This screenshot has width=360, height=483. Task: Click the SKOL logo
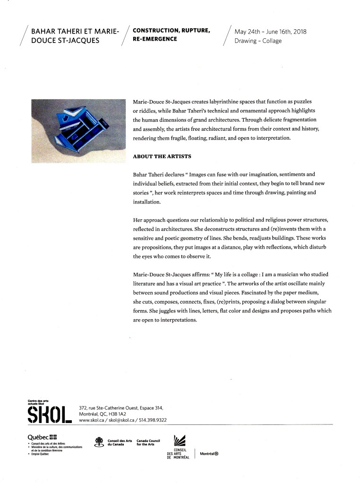pyautogui.click(x=50, y=414)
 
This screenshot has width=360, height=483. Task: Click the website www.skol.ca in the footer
pyautogui.click(x=94, y=420)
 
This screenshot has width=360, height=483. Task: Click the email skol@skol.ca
pyautogui.click(x=123, y=420)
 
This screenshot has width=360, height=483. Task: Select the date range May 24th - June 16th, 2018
pyautogui.click(x=270, y=32)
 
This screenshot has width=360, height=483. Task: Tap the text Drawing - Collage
pyautogui.click(x=258, y=41)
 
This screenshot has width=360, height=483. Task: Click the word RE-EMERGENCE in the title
pyautogui.click(x=155, y=39)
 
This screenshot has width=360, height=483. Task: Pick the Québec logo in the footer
pyautogui.click(x=42, y=437)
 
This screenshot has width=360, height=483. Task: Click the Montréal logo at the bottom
pyautogui.click(x=209, y=454)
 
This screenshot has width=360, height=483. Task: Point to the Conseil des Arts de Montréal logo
pyautogui.click(x=179, y=446)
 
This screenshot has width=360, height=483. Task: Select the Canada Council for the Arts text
pyautogui.click(x=148, y=442)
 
